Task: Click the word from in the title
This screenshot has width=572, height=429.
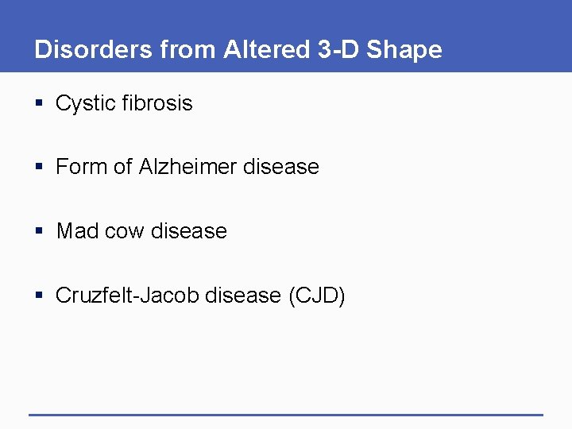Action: click(189, 49)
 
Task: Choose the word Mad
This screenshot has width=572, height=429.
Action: click(78, 231)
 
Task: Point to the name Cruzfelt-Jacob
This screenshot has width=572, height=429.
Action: click(128, 296)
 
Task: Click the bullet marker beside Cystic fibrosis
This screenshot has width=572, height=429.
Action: click(39, 104)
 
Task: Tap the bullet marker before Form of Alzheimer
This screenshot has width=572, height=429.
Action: click(39, 168)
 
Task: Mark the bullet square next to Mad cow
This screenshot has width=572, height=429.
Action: click(39, 232)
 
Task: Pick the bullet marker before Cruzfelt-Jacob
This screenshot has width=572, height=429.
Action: click(39, 296)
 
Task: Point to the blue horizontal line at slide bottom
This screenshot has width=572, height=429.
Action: click(286, 414)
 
